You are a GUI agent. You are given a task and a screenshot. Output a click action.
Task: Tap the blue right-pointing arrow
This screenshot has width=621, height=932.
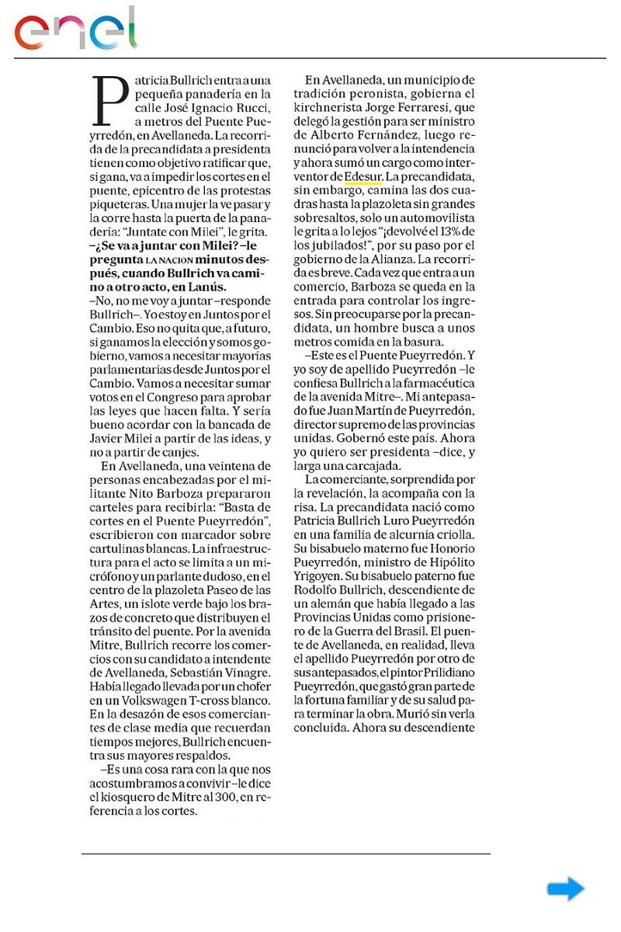click(x=565, y=889)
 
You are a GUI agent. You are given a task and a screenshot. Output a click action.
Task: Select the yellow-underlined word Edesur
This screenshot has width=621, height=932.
click(x=363, y=177)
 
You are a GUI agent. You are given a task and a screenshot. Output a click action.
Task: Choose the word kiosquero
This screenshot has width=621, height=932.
click(x=123, y=798)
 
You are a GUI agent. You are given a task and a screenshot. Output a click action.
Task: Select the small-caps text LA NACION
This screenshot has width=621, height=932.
click(x=170, y=258)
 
